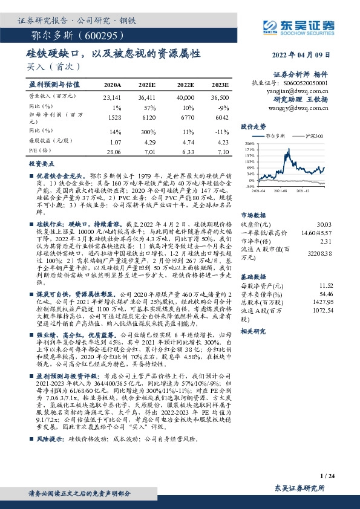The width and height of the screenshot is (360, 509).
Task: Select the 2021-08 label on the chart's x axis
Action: tap(279, 190)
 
